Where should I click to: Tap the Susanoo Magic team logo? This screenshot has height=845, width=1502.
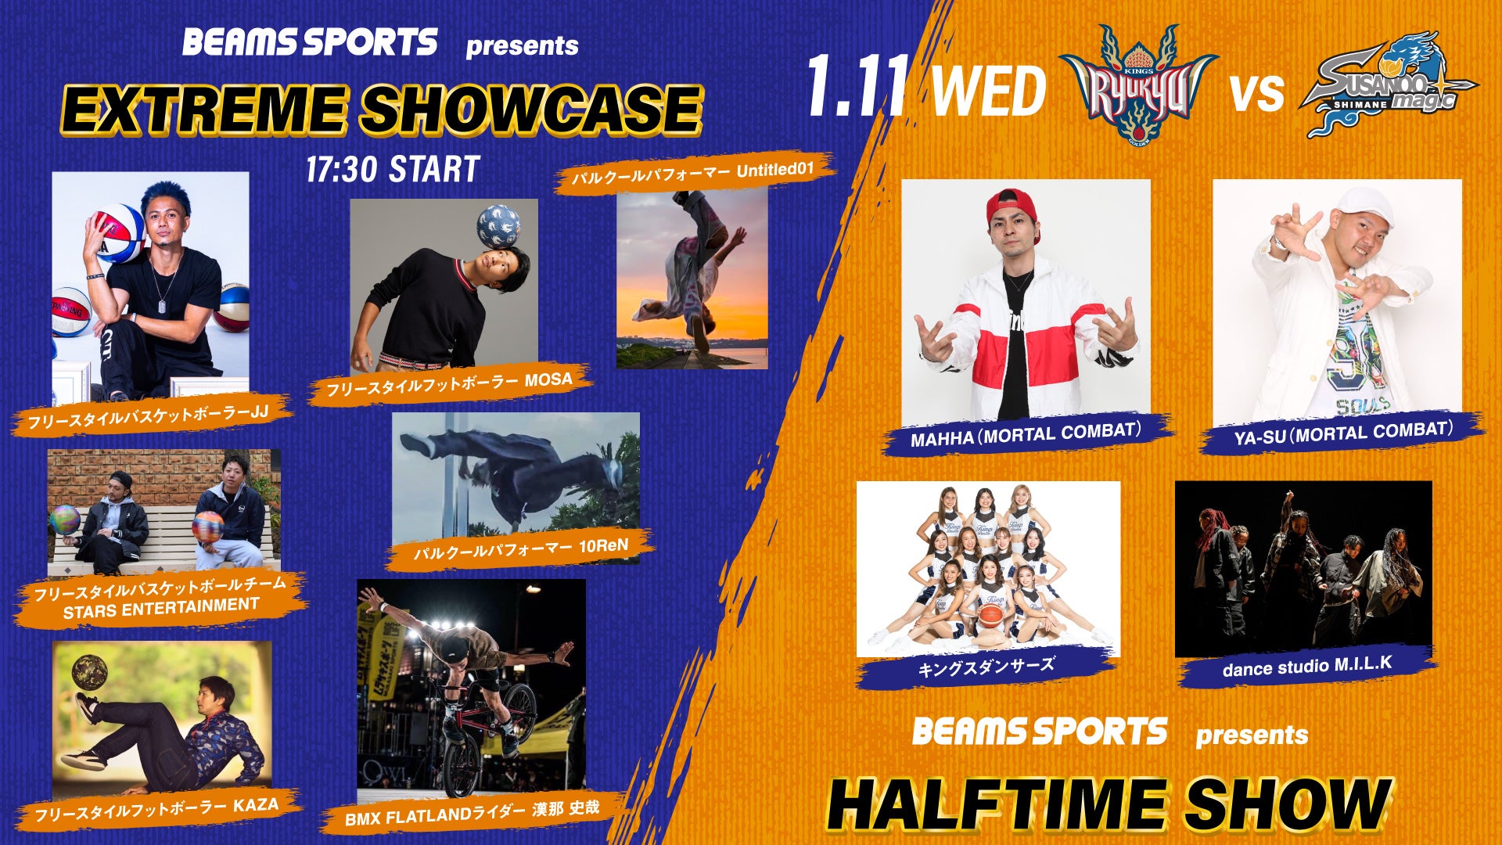click(1389, 84)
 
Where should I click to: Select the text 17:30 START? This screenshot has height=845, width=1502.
click(393, 169)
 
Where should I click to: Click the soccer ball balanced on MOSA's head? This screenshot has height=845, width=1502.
click(499, 227)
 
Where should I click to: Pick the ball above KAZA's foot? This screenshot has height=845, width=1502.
click(89, 671)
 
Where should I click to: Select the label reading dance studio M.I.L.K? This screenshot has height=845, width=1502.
click(1306, 666)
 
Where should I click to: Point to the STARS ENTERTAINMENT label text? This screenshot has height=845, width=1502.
click(161, 608)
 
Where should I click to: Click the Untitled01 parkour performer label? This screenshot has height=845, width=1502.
click(693, 174)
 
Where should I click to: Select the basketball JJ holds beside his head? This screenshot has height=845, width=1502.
click(119, 233)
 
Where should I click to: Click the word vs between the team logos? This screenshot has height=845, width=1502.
click(1258, 92)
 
